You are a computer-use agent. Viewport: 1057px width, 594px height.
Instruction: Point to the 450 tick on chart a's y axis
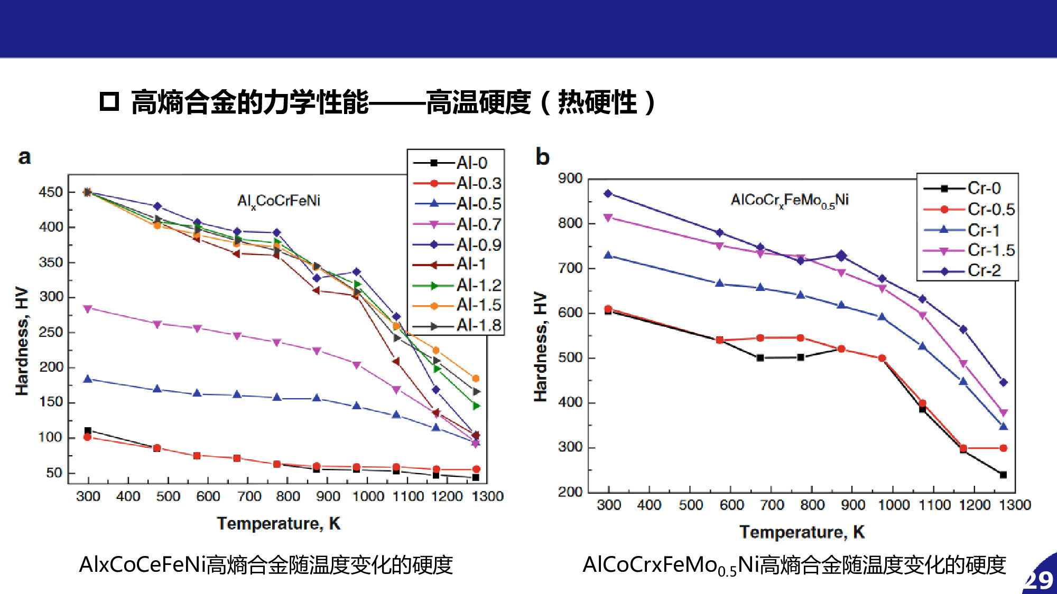pos(51,192)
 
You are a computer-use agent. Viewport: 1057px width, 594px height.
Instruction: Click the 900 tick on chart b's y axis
pos(570,178)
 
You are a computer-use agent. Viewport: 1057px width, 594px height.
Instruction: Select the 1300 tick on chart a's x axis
pos(487,496)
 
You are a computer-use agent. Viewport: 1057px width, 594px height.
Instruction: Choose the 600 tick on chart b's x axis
pos(731,505)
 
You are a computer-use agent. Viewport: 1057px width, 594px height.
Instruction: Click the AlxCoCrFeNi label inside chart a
pos(279,201)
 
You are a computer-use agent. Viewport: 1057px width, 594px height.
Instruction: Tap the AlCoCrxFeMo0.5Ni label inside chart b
pos(790,200)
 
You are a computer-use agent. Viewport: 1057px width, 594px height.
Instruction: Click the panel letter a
pos(24,157)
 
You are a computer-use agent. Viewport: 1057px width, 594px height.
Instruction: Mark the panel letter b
pos(542,157)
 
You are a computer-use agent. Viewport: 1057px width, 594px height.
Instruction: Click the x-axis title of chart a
pos(279,523)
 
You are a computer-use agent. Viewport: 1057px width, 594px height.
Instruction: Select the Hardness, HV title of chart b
pos(540,346)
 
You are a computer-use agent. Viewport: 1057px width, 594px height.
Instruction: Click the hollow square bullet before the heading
pos(109,101)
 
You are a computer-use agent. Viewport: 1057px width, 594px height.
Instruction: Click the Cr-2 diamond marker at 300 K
pos(608,194)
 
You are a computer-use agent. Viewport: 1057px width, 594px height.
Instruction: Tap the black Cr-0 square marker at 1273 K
pos(1003,475)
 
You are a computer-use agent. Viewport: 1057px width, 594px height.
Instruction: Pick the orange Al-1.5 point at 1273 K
pos(476,379)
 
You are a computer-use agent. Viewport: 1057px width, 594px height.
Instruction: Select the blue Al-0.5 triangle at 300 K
pos(88,379)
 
